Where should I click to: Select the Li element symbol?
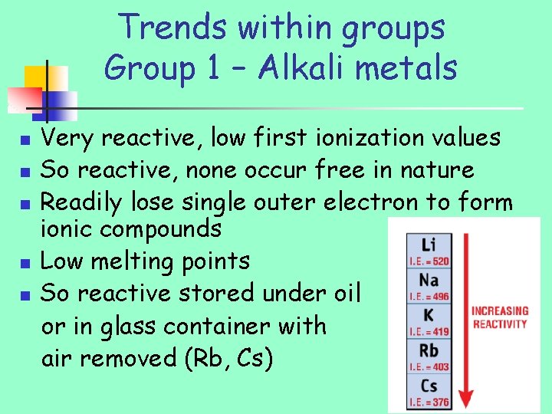(429, 245)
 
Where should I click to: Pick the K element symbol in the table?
(429, 314)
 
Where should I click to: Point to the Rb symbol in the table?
(429, 350)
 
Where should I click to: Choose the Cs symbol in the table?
(429, 385)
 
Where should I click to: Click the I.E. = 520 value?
(429, 261)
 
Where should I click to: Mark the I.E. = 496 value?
(429, 296)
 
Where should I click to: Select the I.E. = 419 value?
(429, 331)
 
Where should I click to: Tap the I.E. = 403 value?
(429, 366)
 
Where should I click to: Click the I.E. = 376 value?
(429, 402)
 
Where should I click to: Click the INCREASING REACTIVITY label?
(499, 317)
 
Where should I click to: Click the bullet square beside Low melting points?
(25, 262)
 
